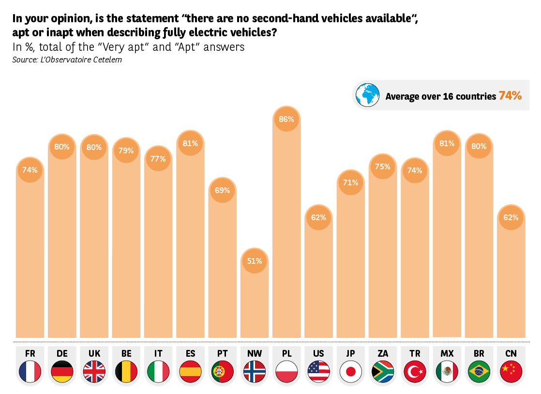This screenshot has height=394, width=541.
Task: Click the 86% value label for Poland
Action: coord(286,119)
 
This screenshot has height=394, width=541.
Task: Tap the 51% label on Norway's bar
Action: coord(255,261)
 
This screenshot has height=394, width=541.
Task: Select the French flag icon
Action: coord(30,372)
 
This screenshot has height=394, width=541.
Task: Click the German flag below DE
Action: coord(62,372)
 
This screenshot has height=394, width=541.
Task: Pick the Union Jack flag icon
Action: coord(94,372)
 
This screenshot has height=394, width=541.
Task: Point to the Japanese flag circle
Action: coord(351,372)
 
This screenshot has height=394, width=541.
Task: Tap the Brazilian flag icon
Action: coord(479,372)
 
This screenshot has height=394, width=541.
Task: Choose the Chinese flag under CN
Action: coord(511,372)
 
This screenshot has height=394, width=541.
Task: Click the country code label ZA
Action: coord(382,353)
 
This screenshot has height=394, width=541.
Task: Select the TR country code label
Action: coord(415,353)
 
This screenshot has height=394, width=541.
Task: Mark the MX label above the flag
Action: coord(447,353)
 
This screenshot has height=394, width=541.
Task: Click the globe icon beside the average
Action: coord(368,95)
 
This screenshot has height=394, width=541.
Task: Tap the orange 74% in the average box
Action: coord(510,96)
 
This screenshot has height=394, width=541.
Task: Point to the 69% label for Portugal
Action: coord(222,190)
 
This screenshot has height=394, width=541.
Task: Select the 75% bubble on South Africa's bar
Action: coord(382,167)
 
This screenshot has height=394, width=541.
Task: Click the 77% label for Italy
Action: coord(158,158)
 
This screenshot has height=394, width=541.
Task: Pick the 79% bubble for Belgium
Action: coord(126,151)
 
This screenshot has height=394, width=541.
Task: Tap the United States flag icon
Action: coord(318,372)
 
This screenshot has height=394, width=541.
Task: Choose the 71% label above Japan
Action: coord(351,182)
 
